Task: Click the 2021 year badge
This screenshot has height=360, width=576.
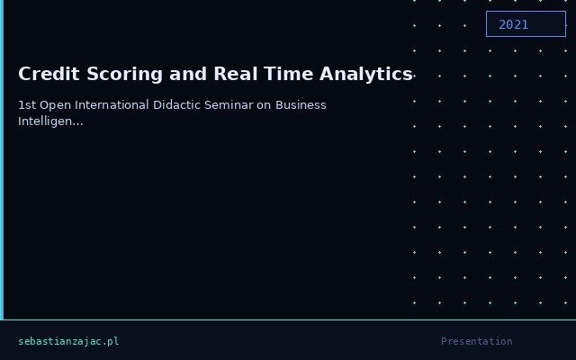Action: point(526,24)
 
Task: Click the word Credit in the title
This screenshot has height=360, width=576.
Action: point(45,74)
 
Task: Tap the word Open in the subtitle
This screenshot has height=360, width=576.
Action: point(51,105)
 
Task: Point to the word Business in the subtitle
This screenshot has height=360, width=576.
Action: point(301,105)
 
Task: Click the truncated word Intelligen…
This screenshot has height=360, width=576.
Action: point(50,121)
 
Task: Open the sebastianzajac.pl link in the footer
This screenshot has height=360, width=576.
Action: point(68,342)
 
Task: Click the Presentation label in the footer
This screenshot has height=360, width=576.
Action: point(476,342)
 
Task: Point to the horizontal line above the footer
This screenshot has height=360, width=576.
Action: point(288,319)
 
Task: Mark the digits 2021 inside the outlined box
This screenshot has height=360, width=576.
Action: point(514,24)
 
